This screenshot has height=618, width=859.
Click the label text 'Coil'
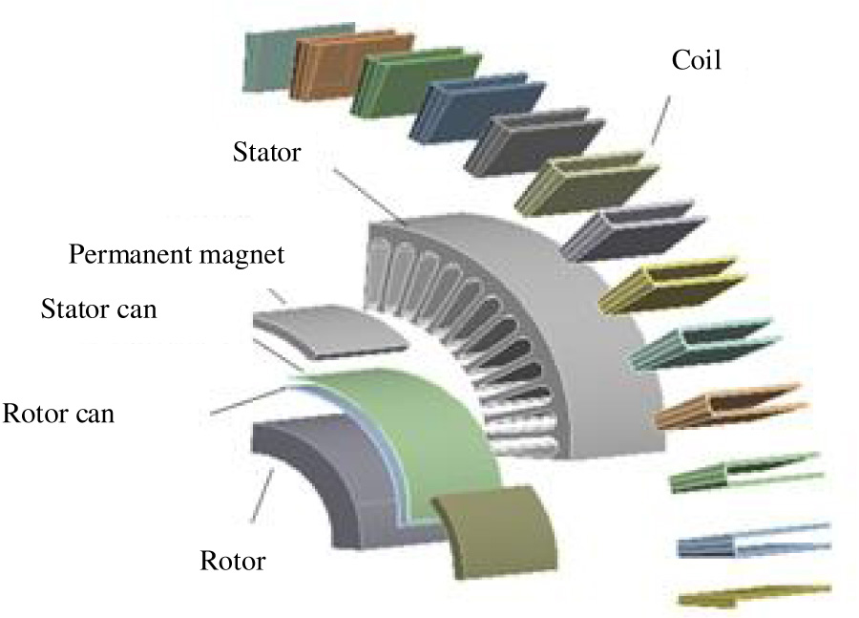tap(695, 64)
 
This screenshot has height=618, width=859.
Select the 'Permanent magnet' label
tap(177, 256)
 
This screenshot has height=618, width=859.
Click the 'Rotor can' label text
tap(59, 416)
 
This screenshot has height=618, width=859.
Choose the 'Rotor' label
tap(233, 561)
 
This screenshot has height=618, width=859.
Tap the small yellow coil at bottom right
tap(749, 596)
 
